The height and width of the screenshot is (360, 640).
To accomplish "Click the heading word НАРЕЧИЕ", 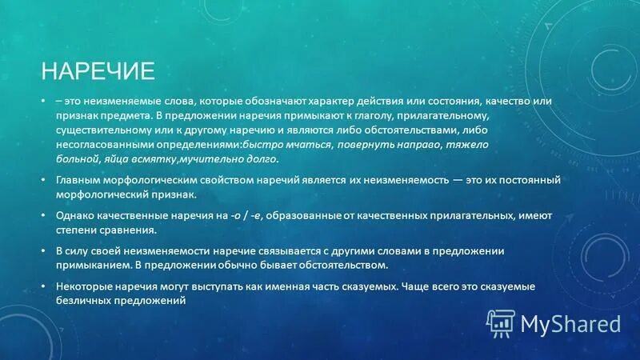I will (x=98, y=71).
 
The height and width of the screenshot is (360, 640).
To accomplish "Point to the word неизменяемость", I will (x=390, y=181).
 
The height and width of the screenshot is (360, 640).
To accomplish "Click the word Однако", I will (x=76, y=216).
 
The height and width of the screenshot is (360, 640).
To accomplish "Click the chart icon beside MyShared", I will (x=501, y=323).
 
